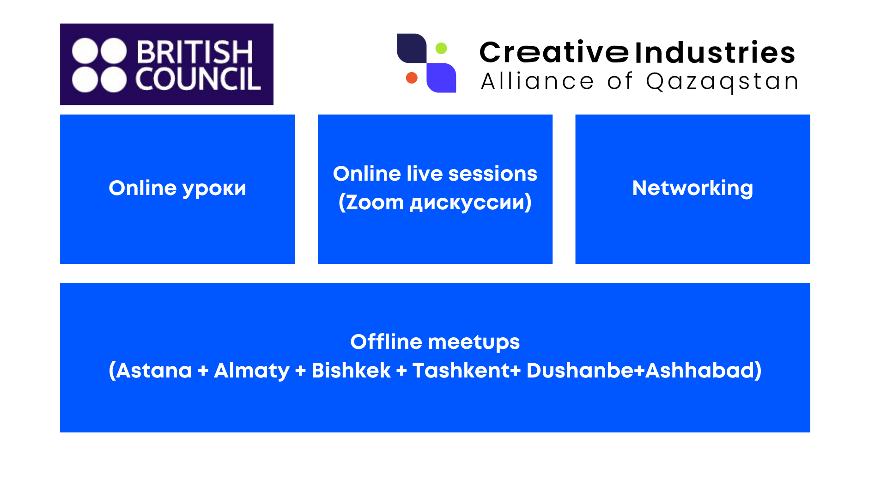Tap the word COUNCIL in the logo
click(x=198, y=79)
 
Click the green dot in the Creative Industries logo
click(x=441, y=48)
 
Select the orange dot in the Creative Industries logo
click(x=412, y=78)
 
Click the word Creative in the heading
click(x=554, y=52)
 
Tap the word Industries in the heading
click(x=715, y=52)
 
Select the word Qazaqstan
click(x=722, y=82)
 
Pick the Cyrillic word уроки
click(x=214, y=189)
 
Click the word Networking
click(x=693, y=188)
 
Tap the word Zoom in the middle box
click(x=375, y=202)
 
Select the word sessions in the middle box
click(x=492, y=174)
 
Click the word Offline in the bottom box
click(x=386, y=342)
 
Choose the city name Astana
click(x=154, y=371)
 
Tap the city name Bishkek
click(x=351, y=371)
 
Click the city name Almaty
click(x=252, y=371)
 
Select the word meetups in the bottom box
click(x=474, y=343)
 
